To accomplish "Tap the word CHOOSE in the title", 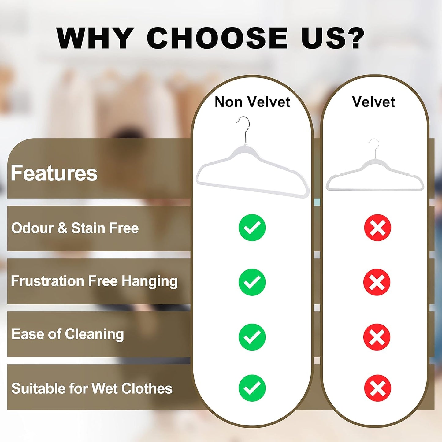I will pyautogui.click(x=217, y=38).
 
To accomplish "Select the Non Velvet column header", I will pyautogui.click(x=252, y=102).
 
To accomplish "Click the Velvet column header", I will pyautogui.click(x=373, y=102).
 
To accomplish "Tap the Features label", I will pyautogui.click(x=54, y=173).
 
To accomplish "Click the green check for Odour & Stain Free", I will pyautogui.click(x=252, y=228).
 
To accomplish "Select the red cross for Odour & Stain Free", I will pyautogui.click(x=377, y=228).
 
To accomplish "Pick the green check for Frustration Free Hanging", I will pyautogui.click(x=252, y=282).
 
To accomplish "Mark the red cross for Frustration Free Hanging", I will pyautogui.click(x=377, y=282).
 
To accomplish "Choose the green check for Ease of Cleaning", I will pyautogui.click(x=252, y=337).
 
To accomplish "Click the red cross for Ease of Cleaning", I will pyautogui.click(x=377, y=337).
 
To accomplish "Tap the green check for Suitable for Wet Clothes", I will pyautogui.click(x=252, y=388).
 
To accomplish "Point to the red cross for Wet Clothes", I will pyautogui.click(x=377, y=388).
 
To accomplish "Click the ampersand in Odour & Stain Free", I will pyautogui.click(x=62, y=228).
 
